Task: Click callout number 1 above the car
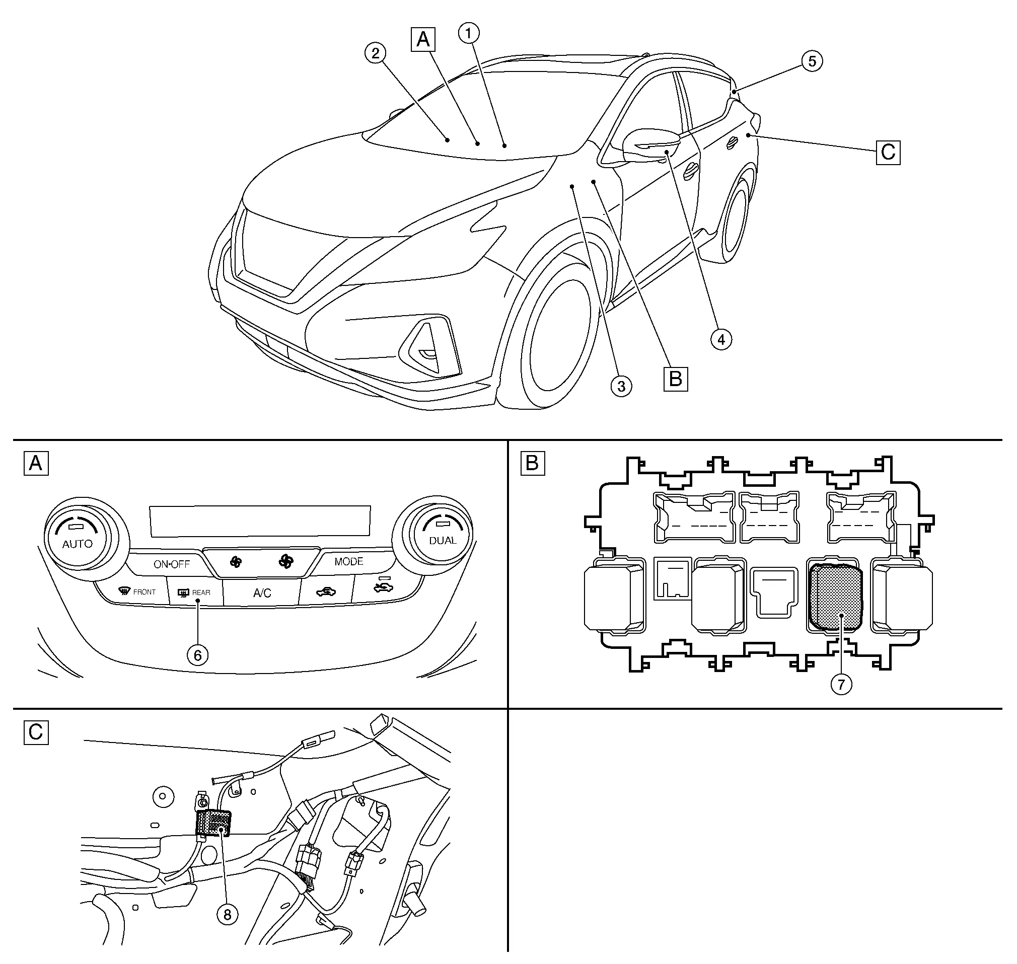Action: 468,33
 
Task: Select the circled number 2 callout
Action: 376,53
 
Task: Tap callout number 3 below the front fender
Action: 621,386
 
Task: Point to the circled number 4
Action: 721,339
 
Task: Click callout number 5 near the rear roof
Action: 812,61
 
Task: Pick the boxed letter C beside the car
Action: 888,152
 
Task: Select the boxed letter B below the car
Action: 675,379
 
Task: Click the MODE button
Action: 348,562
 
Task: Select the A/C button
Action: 262,593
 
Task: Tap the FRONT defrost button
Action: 137,592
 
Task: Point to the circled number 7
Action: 841,684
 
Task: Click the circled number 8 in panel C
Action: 227,914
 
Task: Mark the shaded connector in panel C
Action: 213,823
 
